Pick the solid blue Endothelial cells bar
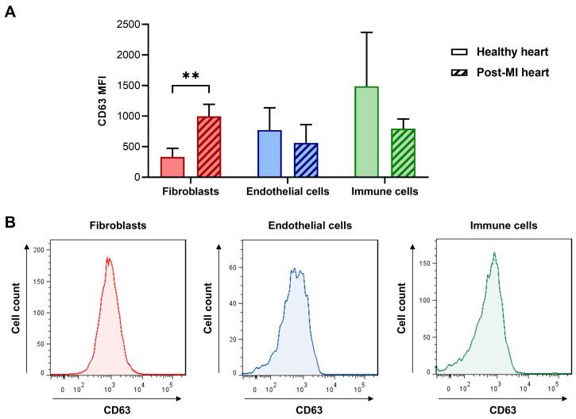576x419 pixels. (x=269, y=154)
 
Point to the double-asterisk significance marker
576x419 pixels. (x=190, y=76)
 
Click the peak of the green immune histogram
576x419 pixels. (x=493, y=254)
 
